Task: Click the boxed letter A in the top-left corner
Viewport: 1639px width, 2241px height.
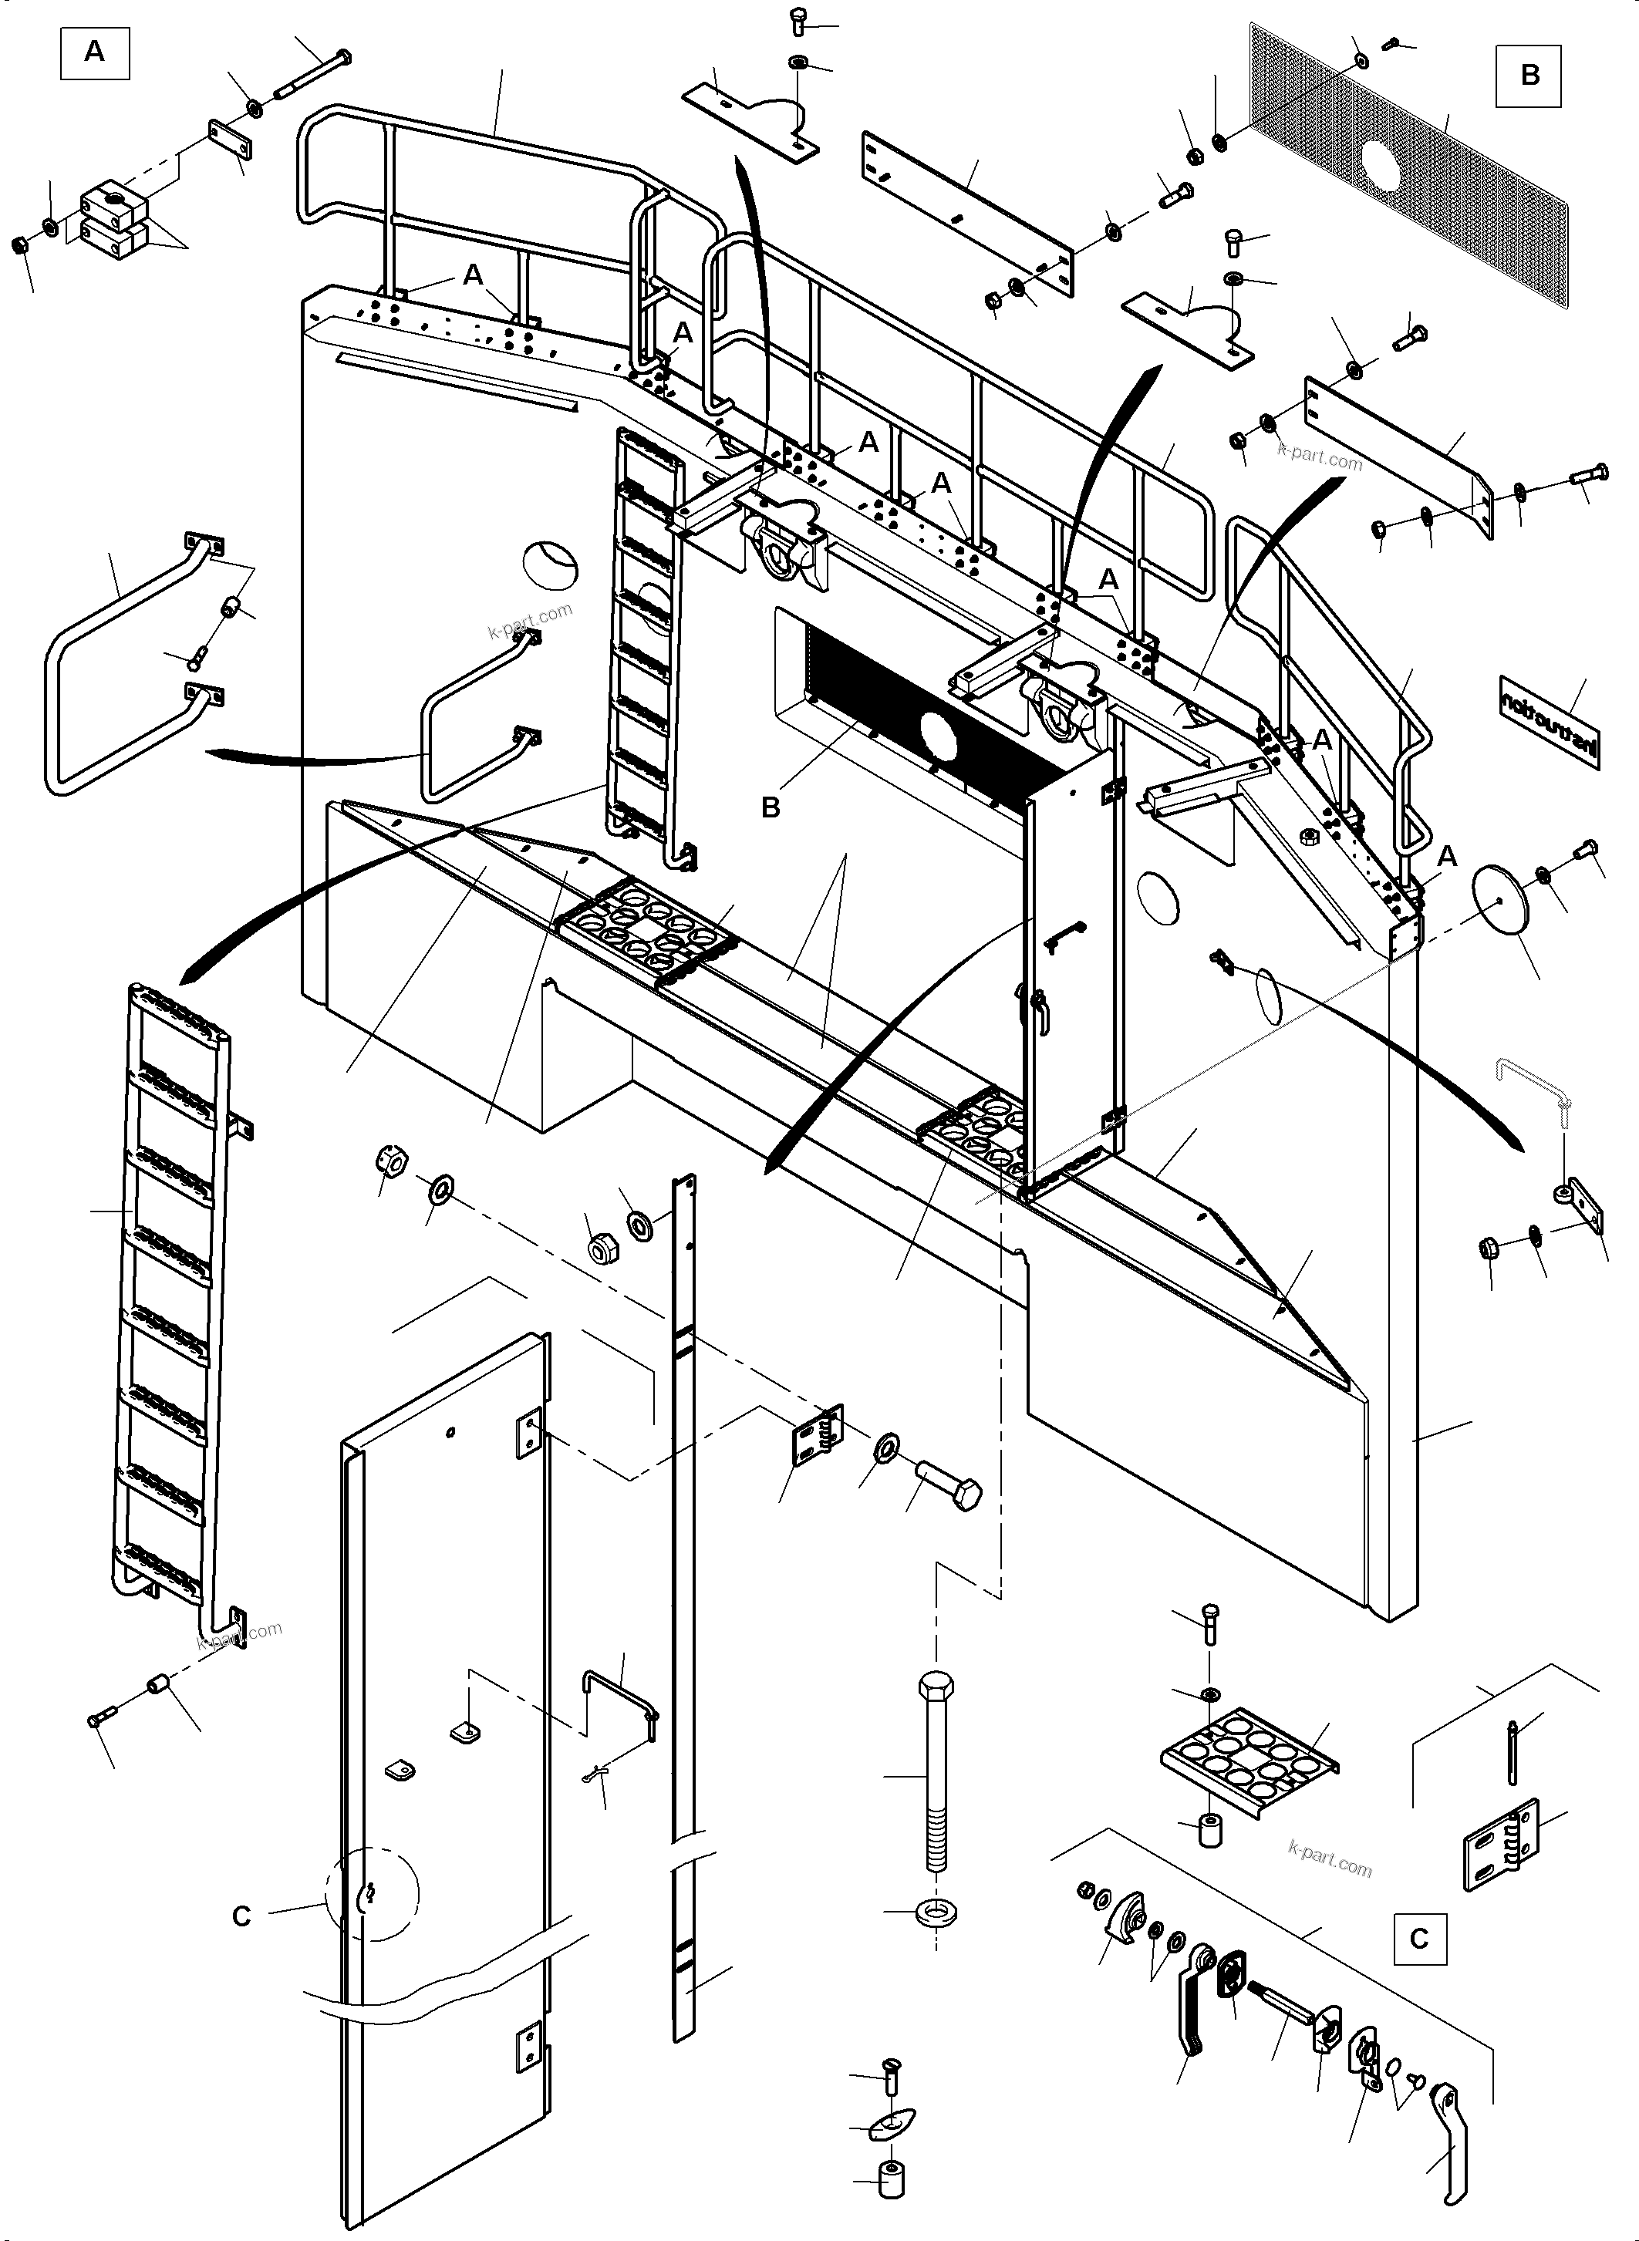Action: click(x=94, y=52)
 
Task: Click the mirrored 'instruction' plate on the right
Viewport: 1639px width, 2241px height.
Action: click(x=1549, y=721)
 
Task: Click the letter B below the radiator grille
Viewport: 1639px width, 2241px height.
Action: click(x=770, y=807)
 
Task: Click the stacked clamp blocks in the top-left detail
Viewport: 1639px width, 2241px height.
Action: click(x=114, y=218)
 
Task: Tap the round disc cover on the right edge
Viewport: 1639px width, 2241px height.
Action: click(x=1500, y=898)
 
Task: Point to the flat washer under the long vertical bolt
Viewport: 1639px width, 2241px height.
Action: click(x=935, y=1912)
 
